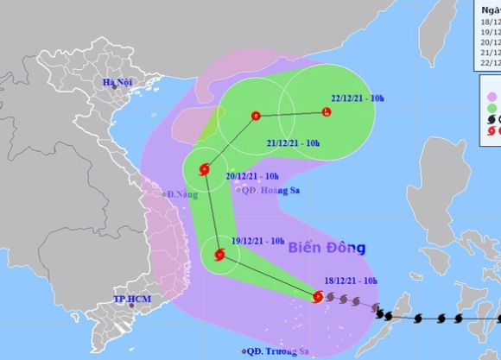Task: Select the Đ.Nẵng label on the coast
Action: [183, 194]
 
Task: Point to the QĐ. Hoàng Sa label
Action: [263, 190]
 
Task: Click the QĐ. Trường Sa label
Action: [276, 351]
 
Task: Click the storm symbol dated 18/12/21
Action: [318, 297]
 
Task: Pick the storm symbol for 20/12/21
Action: [205, 169]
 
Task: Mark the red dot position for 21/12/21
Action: [255, 116]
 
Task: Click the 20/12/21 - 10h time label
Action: [253, 175]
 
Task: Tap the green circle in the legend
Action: [493, 108]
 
